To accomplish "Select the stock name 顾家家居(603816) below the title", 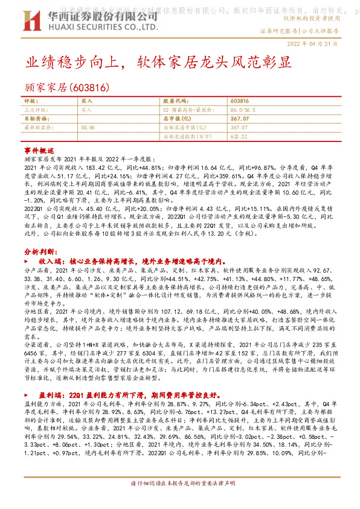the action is (66, 87).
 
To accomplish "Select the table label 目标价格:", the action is (36, 119).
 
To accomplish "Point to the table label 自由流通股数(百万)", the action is (188, 137).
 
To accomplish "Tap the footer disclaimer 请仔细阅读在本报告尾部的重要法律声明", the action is (180, 501).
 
